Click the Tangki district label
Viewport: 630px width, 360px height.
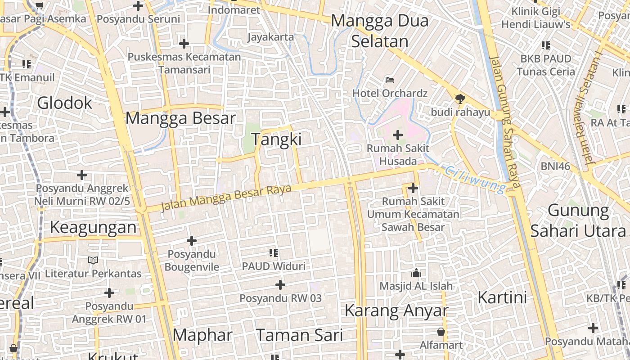[x=276, y=139]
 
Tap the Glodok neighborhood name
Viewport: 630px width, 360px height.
[x=64, y=103]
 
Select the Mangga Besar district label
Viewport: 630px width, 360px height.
[x=180, y=118]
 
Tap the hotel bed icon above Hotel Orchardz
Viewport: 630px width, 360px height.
[x=390, y=81]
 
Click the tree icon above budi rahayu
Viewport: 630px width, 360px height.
[x=460, y=99]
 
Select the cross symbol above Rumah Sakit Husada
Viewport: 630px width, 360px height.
[x=398, y=135]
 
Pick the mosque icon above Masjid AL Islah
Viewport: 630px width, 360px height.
[x=416, y=273]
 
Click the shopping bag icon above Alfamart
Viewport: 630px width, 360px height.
[x=441, y=332]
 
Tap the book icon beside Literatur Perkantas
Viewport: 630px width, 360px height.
[x=93, y=261]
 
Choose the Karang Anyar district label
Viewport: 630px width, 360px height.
[x=396, y=311]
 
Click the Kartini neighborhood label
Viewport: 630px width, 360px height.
[x=502, y=298]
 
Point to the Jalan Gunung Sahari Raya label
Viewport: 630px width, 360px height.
[x=504, y=121]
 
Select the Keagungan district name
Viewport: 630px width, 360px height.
[x=93, y=228]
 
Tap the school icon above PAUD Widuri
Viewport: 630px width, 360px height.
[x=274, y=253]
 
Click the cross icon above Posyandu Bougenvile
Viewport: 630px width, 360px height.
[x=192, y=241]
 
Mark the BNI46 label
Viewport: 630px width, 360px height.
[x=555, y=166]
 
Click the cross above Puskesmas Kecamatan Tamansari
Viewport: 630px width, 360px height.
[x=184, y=44]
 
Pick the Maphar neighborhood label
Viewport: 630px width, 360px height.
[x=202, y=335]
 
